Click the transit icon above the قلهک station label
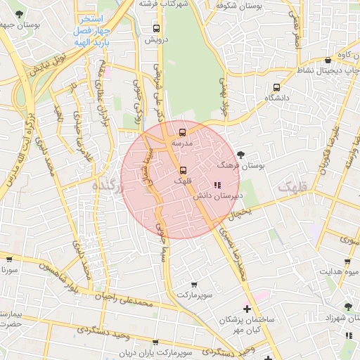[183, 170]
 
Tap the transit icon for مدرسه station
[183, 131]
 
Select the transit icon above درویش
[155, 29]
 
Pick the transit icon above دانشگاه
[276, 88]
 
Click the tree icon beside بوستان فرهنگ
[242, 154]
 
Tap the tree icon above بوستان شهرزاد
[348, 307]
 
